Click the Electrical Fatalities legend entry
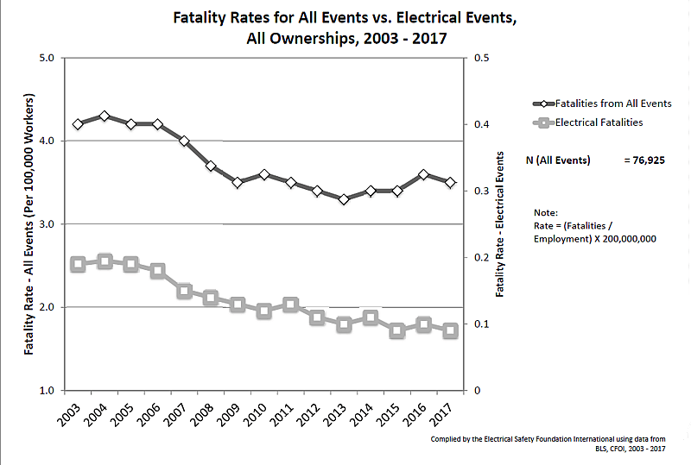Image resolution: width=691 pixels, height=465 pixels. tap(599, 123)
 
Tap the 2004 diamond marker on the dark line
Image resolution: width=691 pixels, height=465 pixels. tap(105, 116)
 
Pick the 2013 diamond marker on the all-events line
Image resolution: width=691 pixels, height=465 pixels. tap(344, 199)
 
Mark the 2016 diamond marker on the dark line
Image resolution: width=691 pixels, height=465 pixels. tap(423, 174)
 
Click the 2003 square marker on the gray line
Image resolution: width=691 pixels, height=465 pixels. tap(78, 264)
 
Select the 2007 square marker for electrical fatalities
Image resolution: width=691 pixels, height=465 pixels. tap(184, 291)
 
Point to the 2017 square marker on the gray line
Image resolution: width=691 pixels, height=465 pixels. tap(450, 330)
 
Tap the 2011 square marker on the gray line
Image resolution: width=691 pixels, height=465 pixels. tap(290, 305)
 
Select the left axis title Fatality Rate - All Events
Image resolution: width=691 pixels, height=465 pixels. tap(29, 224)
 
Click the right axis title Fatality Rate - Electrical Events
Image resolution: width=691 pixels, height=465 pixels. tap(500, 224)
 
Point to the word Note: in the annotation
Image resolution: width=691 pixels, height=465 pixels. tap(546, 212)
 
